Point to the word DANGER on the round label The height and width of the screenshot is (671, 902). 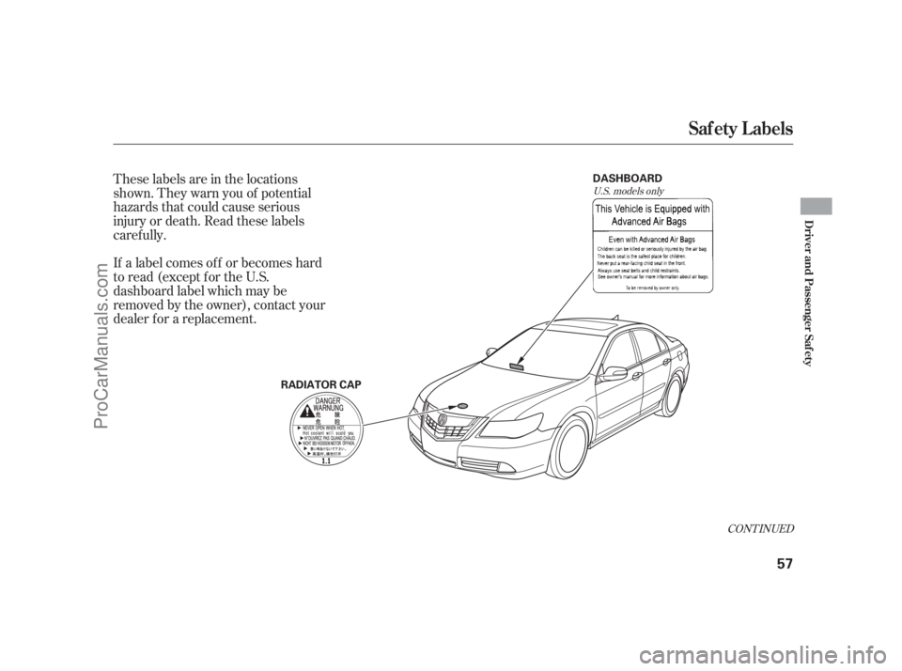click(x=325, y=400)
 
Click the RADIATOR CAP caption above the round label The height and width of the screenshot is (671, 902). click(x=319, y=383)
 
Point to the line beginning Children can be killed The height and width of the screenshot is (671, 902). click(x=651, y=249)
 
